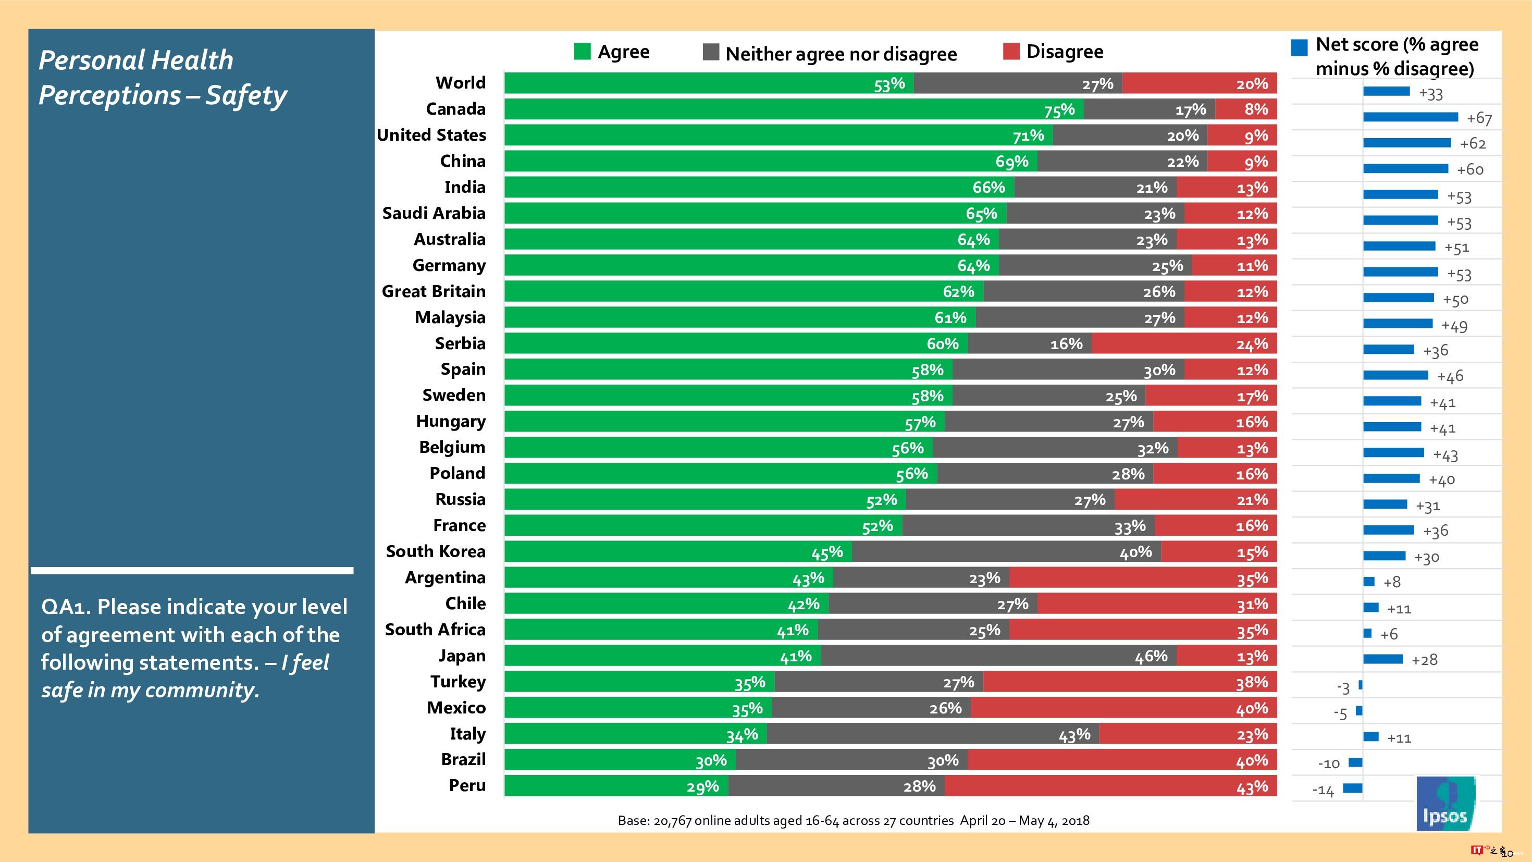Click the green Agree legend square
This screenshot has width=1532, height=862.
click(x=582, y=52)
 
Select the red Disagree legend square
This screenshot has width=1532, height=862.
click(x=1011, y=51)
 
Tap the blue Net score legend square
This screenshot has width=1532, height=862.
click(x=1299, y=47)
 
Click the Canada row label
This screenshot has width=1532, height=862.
click(x=455, y=109)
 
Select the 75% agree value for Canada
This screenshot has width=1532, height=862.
click(x=1059, y=110)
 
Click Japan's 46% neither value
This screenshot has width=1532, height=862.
click(x=1151, y=656)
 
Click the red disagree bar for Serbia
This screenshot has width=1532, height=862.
click(x=1183, y=344)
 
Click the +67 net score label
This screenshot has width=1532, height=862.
click(x=1479, y=118)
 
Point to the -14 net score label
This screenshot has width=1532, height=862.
click(x=1323, y=791)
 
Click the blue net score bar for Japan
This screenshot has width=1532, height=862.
click(x=1383, y=659)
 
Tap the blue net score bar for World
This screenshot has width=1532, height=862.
click(x=1386, y=92)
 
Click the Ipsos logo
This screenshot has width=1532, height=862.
click(x=1445, y=804)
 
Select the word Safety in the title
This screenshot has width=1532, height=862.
click(x=246, y=95)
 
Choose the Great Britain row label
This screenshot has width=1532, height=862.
click(x=434, y=291)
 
